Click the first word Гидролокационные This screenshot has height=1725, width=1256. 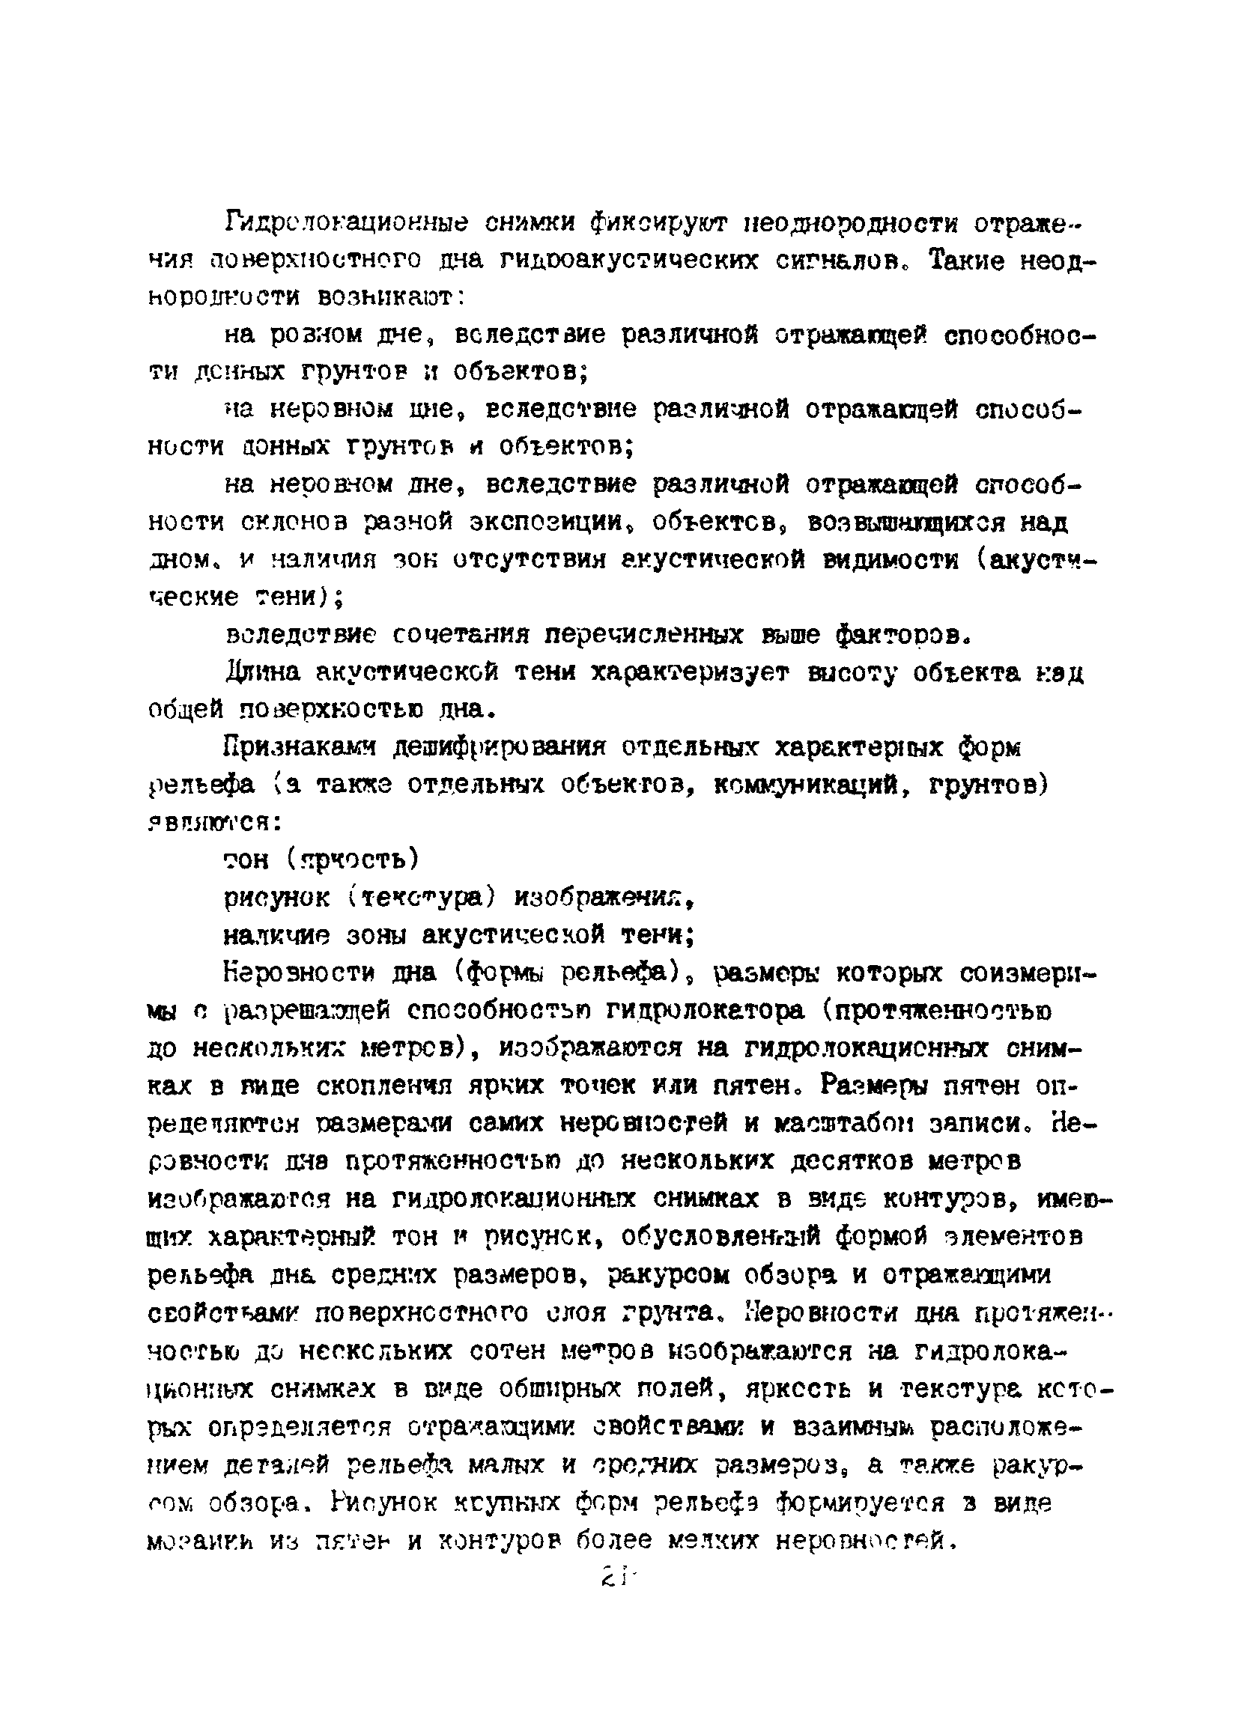coord(345,225)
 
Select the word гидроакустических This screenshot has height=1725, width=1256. coord(628,261)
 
